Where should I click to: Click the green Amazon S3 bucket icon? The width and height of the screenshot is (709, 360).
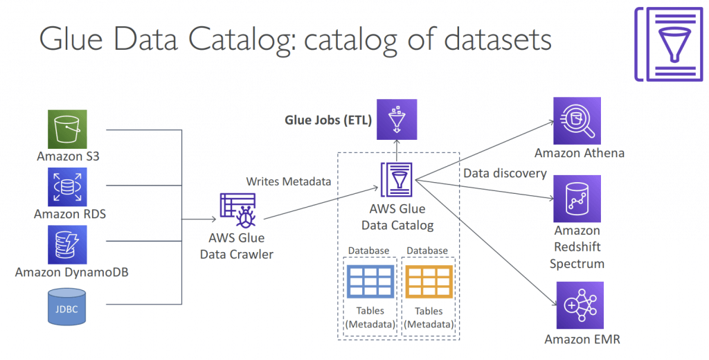click(x=67, y=129)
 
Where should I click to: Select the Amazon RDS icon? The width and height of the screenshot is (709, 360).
click(x=67, y=187)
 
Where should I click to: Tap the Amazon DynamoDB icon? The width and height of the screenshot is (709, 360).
click(x=67, y=244)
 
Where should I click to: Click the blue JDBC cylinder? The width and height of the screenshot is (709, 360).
click(x=67, y=307)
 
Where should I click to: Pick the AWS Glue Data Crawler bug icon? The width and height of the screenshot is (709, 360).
click(x=238, y=210)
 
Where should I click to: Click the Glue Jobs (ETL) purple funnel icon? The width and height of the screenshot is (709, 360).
click(x=397, y=119)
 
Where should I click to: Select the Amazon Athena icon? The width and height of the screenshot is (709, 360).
click(x=577, y=120)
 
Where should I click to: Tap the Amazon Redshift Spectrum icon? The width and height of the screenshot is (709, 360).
click(x=577, y=199)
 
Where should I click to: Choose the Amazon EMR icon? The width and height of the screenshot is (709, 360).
click(x=580, y=305)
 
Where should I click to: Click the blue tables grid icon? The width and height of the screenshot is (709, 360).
click(x=370, y=281)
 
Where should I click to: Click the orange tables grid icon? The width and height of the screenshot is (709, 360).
click(x=429, y=281)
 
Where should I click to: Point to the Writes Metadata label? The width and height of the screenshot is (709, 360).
click(x=289, y=182)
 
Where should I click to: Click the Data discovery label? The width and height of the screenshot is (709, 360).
click(x=505, y=174)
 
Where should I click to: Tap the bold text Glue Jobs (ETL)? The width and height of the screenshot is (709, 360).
click(x=328, y=120)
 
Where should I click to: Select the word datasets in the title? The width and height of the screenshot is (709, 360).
click(x=497, y=39)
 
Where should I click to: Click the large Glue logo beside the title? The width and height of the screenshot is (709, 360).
click(x=670, y=44)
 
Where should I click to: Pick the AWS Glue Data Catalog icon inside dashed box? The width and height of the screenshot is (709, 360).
click(x=397, y=179)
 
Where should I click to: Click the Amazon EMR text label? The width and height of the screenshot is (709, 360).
click(x=582, y=340)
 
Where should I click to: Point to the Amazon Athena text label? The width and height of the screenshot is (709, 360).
click(x=580, y=153)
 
